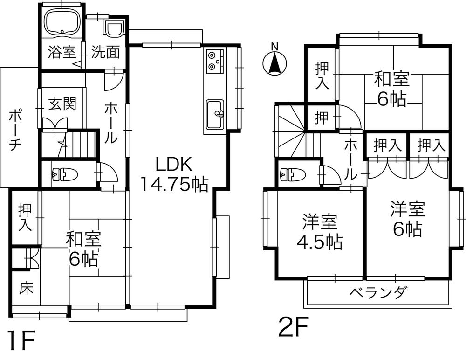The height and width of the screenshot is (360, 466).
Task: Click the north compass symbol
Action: pyautogui.click(x=275, y=63)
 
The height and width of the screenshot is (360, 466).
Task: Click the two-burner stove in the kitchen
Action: pyautogui.click(x=215, y=60)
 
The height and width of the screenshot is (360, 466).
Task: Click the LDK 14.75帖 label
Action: pyautogui.click(x=174, y=174)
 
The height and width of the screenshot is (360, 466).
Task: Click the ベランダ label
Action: pyautogui.click(x=378, y=293)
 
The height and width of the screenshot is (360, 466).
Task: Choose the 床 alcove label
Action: pyautogui.click(x=26, y=289)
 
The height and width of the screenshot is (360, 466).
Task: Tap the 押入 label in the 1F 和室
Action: pyautogui.click(x=25, y=217)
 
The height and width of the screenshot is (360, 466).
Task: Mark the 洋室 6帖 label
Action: pyautogui.click(x=408, y=219)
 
